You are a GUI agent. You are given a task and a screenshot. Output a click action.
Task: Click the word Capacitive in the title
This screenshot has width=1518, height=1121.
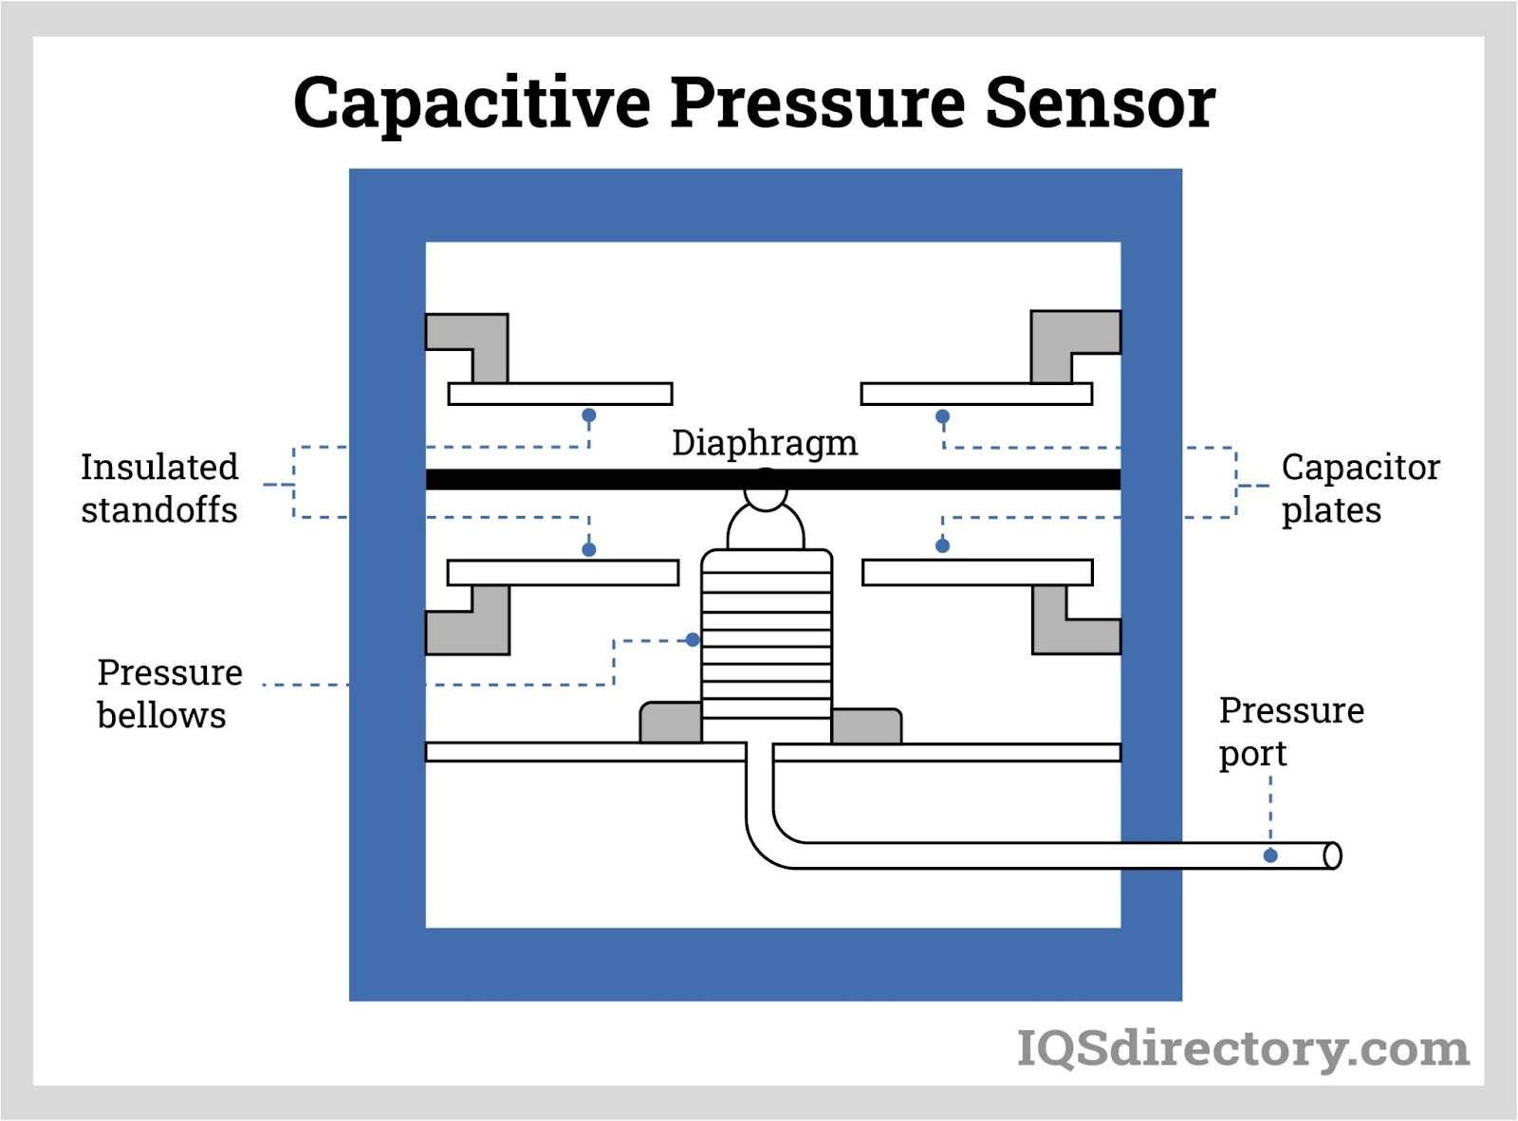(472, 102)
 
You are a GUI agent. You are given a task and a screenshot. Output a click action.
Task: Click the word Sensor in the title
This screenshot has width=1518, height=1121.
(1100, 102)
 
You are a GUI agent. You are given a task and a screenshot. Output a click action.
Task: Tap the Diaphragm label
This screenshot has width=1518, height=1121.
(765, 443)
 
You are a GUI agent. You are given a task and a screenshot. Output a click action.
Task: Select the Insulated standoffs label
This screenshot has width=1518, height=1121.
(159, 488)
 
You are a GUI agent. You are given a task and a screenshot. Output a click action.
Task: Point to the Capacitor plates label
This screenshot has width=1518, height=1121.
(1360, 488)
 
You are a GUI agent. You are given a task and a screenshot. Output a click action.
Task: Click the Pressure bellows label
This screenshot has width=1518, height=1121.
(169, 693)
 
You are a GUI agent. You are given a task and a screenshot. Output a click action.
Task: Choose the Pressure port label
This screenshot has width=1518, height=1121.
(1290, 731)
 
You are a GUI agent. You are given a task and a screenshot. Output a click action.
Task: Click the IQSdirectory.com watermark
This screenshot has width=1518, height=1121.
(1243, 1048)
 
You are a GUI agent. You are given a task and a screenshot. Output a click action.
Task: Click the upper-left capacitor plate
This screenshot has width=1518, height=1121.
(560, 394)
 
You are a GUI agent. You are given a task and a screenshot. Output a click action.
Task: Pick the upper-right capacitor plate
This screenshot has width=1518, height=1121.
(976, 394)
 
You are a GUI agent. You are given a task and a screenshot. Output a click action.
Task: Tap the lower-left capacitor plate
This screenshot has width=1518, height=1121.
(563, 572)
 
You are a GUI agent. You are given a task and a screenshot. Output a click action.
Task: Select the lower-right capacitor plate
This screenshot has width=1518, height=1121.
(977, 572)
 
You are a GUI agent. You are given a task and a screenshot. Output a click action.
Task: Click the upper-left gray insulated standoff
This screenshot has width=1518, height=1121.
(479, 340)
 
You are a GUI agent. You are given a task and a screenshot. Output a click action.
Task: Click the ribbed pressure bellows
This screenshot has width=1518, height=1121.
(767, 645)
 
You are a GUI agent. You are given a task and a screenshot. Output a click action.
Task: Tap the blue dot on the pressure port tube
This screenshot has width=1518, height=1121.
(1270, 855)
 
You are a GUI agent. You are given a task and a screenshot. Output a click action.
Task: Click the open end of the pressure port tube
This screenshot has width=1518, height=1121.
(1332, 855)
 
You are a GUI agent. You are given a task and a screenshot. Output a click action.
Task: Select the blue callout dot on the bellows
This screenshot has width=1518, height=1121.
(693, 640)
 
